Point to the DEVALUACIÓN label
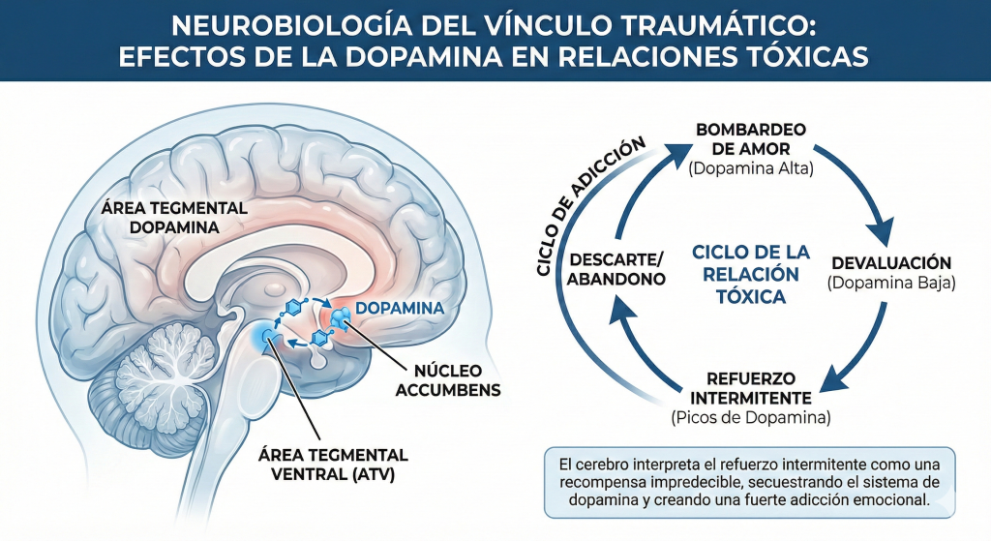(890, 263)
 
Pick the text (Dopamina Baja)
(890, 284)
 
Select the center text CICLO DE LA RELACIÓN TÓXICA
(751, 274)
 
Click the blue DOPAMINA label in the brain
(400, 308)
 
